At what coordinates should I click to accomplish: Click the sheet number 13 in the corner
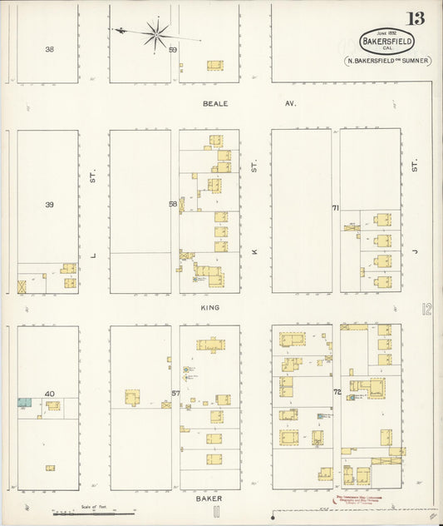[414, 19]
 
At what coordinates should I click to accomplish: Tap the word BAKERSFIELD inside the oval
[386, 39]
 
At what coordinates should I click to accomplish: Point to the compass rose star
[155, 34]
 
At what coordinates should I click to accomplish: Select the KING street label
[209, 308]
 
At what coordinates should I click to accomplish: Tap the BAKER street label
[209, 499]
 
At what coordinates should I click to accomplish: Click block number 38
[50, 49]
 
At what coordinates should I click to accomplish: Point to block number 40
[49, 394]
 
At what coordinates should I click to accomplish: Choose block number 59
[174, 50]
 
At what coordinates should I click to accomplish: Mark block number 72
[337, 391]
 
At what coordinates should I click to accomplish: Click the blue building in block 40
[24, 402]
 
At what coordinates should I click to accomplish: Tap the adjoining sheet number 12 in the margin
[426, 310]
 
